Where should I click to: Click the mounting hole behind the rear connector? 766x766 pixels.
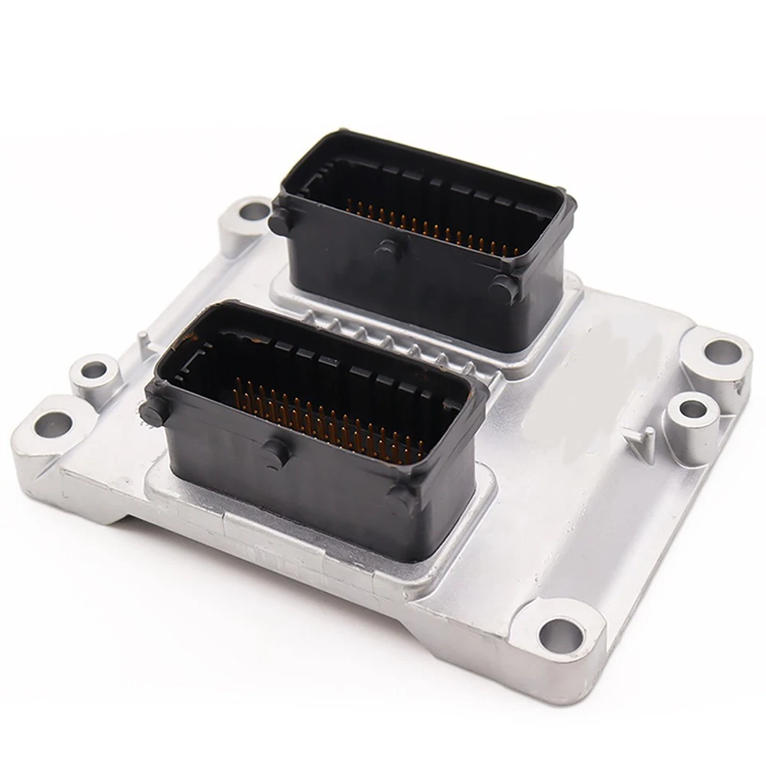[x=255, y=211]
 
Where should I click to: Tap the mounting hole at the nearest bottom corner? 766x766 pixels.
[x=561, y=634]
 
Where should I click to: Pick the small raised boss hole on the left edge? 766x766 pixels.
[x=94, y=370]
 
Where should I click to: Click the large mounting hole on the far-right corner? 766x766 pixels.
[x=722, y=350]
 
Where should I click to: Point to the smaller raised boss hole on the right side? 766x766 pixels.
[x=692, y=409]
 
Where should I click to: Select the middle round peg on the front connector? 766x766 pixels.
[x=276, y=452]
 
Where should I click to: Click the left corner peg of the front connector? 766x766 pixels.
[x=149, y=412]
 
